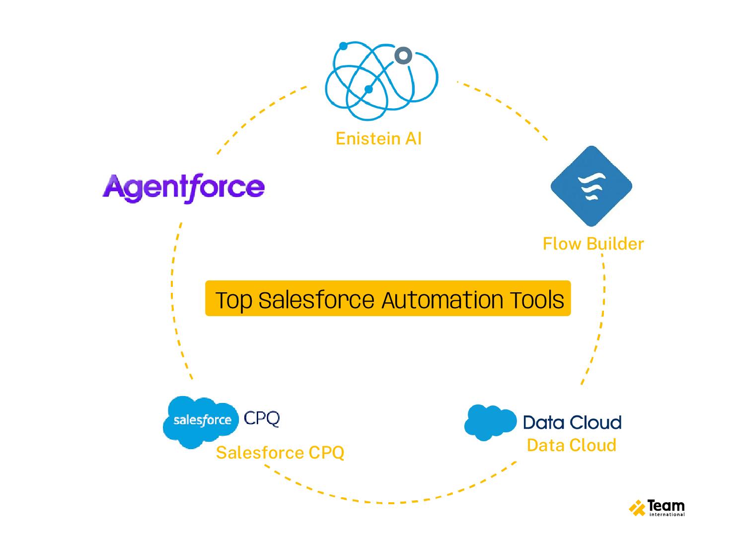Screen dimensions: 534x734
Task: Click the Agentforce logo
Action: click(183, 188)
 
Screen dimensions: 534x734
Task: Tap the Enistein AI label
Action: click(378, 138)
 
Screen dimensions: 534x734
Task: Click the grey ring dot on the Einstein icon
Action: click(403, 56)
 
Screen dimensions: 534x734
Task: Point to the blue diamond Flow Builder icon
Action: click(591, 186)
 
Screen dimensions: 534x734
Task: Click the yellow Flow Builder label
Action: click(593, 244)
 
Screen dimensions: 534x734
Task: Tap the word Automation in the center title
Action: click(442, 300)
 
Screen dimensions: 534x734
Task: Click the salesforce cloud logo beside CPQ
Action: click(201, 421)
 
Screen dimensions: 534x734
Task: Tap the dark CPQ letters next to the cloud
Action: click(262, 418)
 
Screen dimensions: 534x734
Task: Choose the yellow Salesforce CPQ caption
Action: click(280, 453)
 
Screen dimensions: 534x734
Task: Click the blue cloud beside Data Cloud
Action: click(490, 422)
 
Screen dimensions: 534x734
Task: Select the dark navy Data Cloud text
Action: click(572, 422)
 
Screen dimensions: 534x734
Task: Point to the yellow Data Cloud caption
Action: click(571, 445)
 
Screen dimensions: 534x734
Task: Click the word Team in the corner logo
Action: click(666, 506)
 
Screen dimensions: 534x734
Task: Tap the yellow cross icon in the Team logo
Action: click(637, 508)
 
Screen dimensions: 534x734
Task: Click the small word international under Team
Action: click(666, 515)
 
